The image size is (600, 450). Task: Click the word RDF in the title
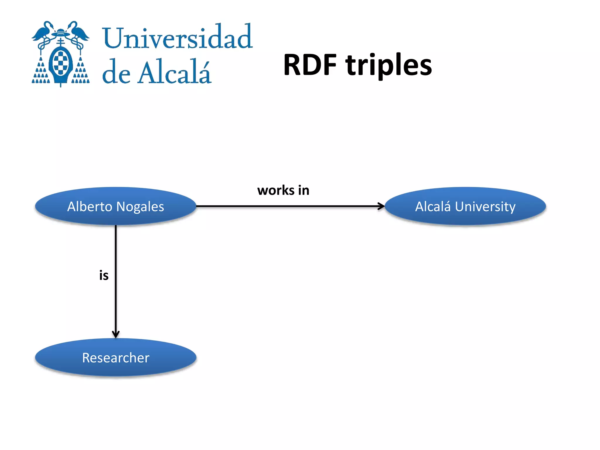[x=310, y=65]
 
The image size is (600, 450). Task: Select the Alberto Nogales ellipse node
[x=115, y=206]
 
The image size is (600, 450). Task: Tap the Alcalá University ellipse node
[x=465, y=206]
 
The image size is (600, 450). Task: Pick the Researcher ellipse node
[x=115, y=357]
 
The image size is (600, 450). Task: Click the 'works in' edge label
[x=283, y=190]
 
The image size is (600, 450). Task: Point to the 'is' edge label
[x=104, y=275]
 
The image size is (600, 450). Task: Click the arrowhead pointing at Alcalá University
[x=381, y=206]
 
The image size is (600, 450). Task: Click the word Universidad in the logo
[x=177, y=37]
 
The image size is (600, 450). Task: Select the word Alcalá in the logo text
[x=175, y=73]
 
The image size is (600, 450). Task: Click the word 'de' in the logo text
[x=116, y=73]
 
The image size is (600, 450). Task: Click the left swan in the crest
[x=44, y=32]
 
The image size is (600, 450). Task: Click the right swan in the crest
[x=77, y=32]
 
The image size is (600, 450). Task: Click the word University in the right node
[x=485, y=207]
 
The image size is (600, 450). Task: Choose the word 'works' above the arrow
[x=275, y=190]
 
